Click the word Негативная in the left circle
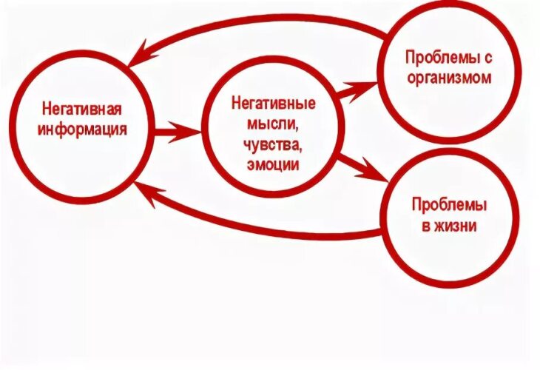pyautogui.click(x=82, y=110)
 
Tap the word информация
pyautogui.click(x=82, y=130)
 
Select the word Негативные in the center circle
pyautogui.click(x=274, y=103)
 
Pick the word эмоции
pyautogui.click(x=273, y=165)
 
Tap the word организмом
pyautogui.click(x=449, y=78)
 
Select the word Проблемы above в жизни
pyautogui.click(x=450, y=206)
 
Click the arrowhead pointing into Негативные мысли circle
pyautogui.click(x=185, y=132)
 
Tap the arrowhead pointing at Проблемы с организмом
pyautogui.click(x=361, y=90)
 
